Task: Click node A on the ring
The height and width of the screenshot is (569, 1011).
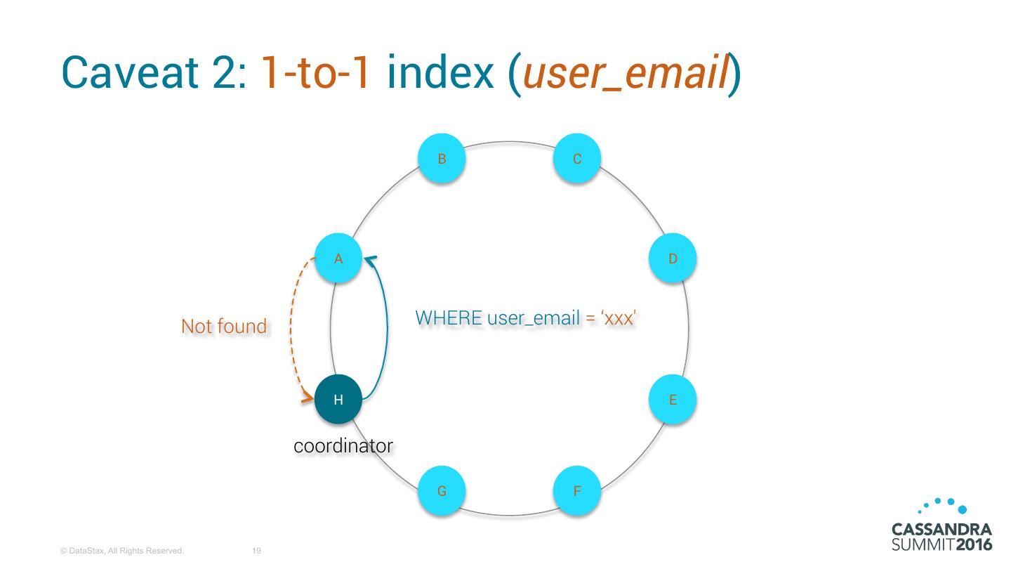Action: pos(338,258)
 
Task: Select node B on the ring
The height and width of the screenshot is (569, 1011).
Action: pos(442,158)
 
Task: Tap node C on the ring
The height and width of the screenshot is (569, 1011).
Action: pos(577,158)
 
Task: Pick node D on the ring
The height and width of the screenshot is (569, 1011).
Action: pos(673,258)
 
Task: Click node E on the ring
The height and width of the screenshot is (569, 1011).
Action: pos(673,399)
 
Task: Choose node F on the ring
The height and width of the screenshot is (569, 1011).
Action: pos(577,490)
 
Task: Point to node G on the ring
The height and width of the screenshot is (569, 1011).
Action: pos(442,490)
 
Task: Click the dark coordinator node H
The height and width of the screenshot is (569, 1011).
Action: pos(338,399)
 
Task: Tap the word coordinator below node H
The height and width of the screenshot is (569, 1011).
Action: pos(343,446)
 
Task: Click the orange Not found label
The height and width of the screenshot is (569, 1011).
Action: pos(224,326)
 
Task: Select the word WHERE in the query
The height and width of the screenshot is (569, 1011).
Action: pos(449,318)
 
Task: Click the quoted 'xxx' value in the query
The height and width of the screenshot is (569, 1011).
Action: pos(618,318)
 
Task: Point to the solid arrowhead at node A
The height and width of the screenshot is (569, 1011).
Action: pos(369,259)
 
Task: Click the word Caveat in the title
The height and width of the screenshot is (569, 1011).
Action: pos(129,72)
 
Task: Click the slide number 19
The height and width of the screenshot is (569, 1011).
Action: pos(256,551)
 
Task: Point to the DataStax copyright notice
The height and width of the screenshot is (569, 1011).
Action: pos(122,551)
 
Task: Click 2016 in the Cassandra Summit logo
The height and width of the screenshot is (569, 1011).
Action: pos(974,544)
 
